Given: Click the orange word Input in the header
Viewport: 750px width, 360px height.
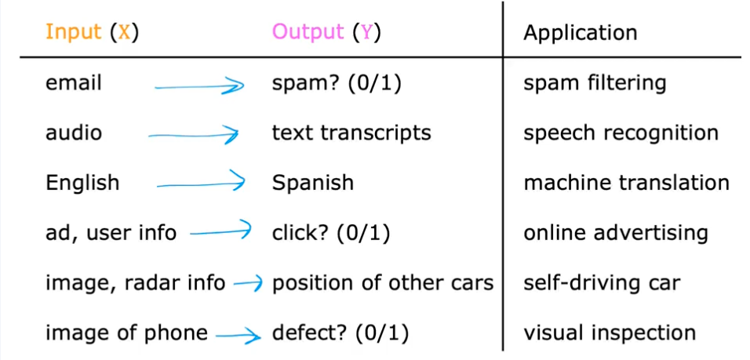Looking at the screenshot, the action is coord(74,32).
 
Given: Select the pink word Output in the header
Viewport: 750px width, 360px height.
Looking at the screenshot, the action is coord(308,32).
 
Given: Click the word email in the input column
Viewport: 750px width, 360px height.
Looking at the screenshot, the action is coord(74,83).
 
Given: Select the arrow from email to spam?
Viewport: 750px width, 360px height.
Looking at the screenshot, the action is coord(199,86).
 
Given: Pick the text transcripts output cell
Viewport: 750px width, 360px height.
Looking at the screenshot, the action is coord(351,133).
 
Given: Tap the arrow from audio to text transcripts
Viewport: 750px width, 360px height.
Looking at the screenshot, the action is coord(193,136).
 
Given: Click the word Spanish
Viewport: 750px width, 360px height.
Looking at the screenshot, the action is coord(313,183).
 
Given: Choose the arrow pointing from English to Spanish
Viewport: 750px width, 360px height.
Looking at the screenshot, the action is coord(201,184).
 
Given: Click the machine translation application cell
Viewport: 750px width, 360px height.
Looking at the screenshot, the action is coord(626,182).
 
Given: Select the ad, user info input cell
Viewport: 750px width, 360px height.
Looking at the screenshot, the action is coord(111,233).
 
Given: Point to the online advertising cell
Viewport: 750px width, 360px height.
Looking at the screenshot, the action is coord(616,233).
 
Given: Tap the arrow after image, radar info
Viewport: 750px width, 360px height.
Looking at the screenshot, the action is coord(248,284).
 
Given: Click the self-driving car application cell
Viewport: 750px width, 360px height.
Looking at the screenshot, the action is coord(602,282).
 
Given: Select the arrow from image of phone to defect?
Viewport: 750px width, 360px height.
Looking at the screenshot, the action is coord(238,335).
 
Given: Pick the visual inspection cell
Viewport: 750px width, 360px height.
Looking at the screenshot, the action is coord(610,333).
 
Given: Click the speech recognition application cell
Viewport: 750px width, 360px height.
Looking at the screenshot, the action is coord(621,133).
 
